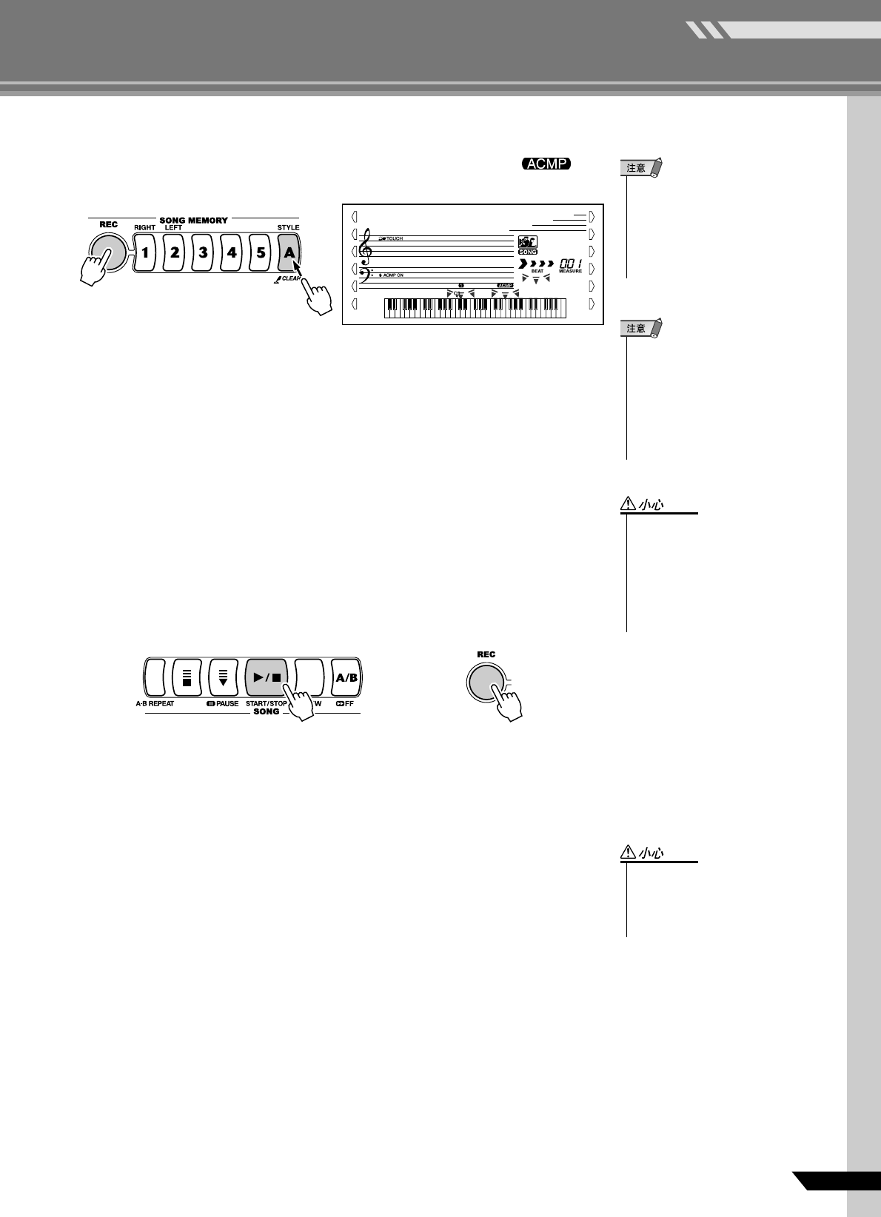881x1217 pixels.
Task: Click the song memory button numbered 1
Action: (146, 252)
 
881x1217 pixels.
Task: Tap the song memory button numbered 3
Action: (203, 252)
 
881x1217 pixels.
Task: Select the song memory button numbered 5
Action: (261, 252)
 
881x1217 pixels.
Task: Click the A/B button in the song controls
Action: (346, 677)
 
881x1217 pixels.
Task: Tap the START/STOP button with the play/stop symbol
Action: (267, 677)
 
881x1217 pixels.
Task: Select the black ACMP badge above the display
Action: (546, 164)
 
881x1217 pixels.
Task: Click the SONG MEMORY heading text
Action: (194, 220)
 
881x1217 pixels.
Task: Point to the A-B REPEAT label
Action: (155, 703)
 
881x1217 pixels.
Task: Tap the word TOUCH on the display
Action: (394, 239)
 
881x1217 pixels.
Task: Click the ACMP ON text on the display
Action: (393, 275)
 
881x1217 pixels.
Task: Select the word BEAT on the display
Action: (537, 271)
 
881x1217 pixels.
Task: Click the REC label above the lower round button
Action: (486, 654)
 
